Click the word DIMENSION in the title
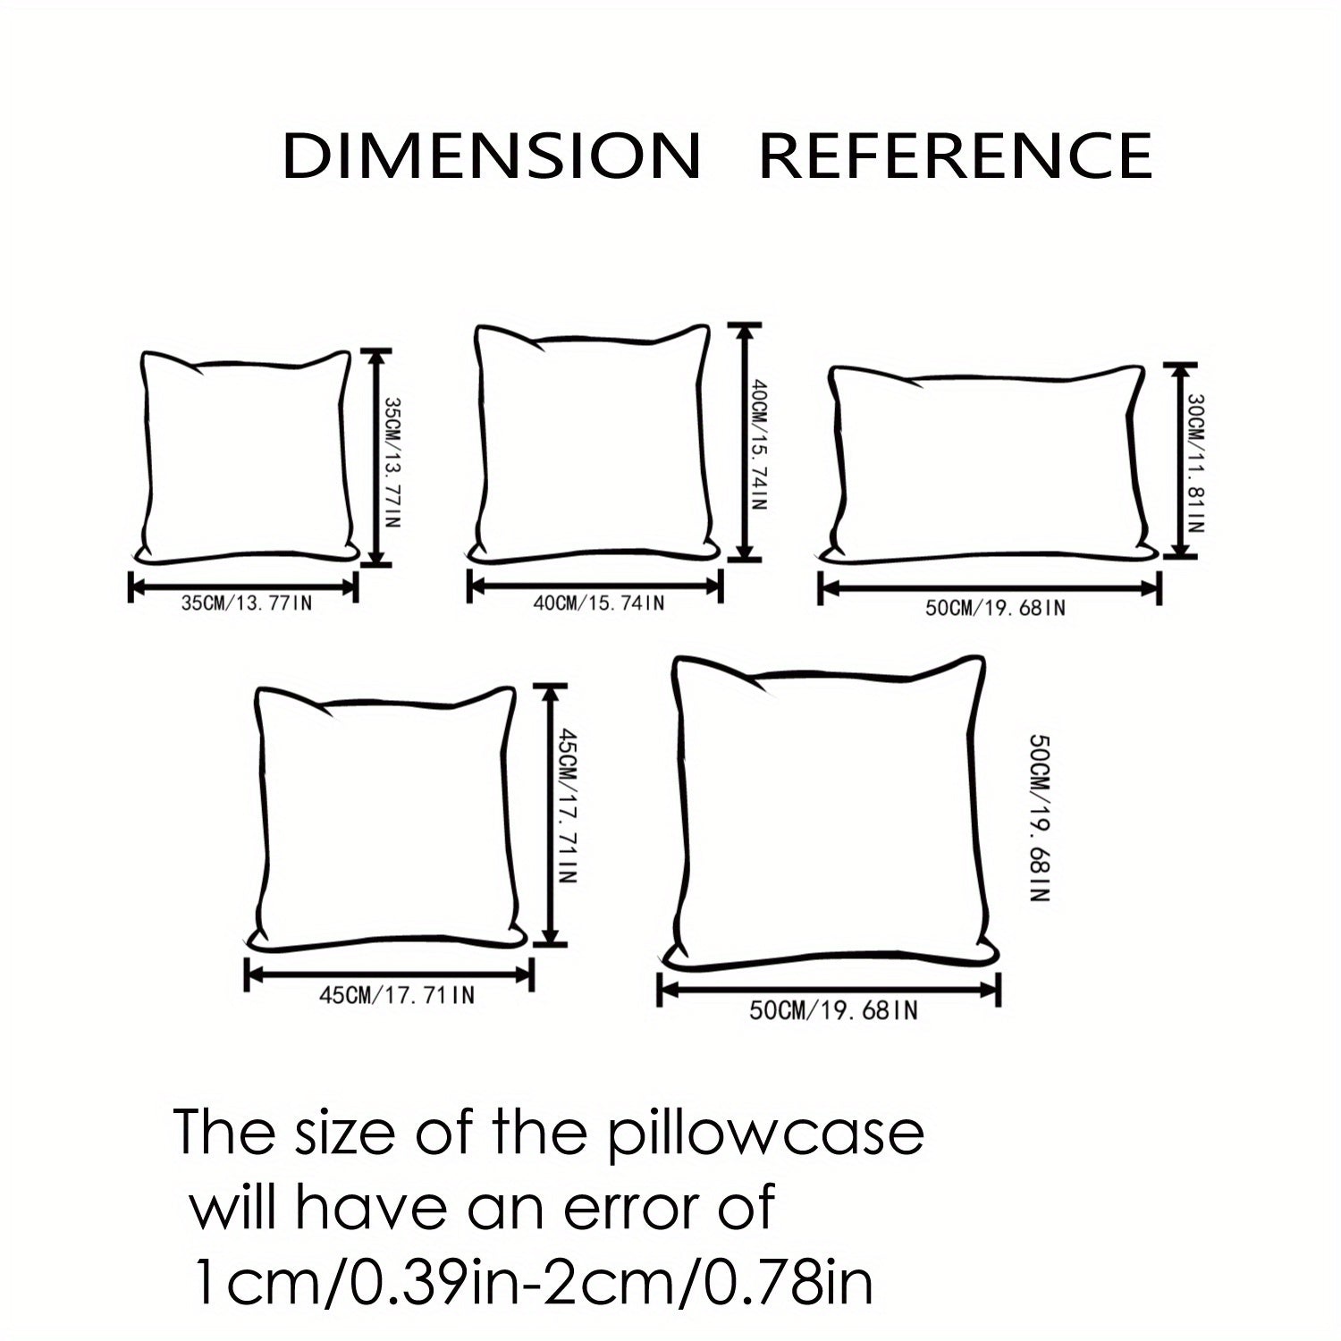(x=492, y=156)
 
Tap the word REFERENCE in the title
(x=956, y=156)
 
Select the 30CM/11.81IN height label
(x=1196, y=464)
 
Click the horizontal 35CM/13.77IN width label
(x=247, y=603)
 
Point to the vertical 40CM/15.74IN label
(x=758, y=445)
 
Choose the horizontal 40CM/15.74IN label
(x=599, y=603)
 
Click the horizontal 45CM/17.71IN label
(x=397, y=995)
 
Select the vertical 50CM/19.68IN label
(x=1039, y=818)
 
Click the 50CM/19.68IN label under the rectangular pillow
(x=995, y=609)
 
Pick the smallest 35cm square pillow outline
(x=246, y=457)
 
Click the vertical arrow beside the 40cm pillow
(x=743, y=442)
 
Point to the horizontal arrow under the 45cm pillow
(x=389, y=975)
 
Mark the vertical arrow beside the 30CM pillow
(x=1180, y=460)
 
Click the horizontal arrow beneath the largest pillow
(x=829, y=989)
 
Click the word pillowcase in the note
(x=766, y=1134)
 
